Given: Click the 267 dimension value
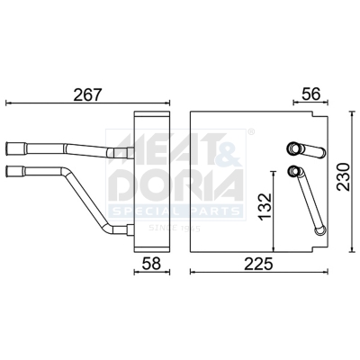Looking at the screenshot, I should click(88, 94).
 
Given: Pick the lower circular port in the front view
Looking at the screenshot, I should click(292, 171).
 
